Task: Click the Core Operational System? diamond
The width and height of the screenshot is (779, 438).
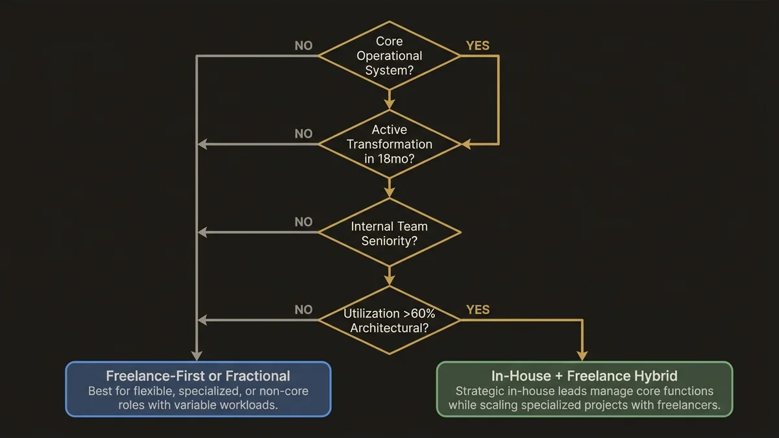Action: point(389,56)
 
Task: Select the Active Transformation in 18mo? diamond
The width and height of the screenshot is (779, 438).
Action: point(389,144)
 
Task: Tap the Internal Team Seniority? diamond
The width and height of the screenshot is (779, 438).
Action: point(389,233)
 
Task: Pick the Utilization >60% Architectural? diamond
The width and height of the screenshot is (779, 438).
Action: point(389,321)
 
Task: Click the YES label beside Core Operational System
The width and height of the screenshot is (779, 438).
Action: point(478,46)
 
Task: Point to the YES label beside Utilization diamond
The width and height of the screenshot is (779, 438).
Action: point(478,310)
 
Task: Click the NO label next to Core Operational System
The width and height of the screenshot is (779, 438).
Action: point(303,46)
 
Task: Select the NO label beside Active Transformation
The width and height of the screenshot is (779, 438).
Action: point(303,134)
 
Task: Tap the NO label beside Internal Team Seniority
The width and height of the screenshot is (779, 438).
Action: point(303,222)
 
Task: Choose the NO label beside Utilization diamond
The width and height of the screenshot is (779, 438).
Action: point(303,310)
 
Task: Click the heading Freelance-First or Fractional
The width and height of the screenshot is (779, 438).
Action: point(198,376)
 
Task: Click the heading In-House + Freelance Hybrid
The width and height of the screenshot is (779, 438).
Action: point(584,376)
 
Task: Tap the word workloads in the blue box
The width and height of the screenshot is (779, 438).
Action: point(251,405)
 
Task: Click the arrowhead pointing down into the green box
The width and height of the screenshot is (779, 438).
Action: point(582,356)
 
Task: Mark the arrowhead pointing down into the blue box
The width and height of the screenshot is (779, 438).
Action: point(197,356)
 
